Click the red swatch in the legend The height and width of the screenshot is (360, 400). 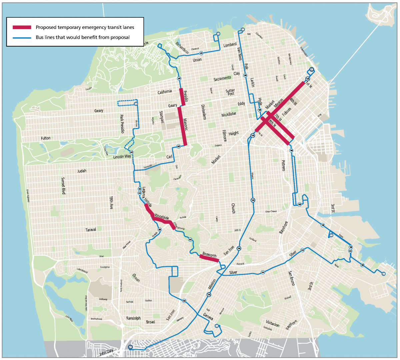coord(22,27)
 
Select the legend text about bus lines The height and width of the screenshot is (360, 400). coord(83,37)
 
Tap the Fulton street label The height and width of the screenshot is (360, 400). coord(46,138)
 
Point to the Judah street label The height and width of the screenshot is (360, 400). coord(82,171)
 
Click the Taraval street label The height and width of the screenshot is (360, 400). coord(91,230)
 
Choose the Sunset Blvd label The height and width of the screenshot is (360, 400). coord(63,186)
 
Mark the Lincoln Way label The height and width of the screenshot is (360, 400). coord(122,157)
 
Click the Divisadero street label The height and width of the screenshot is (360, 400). coord(203,112)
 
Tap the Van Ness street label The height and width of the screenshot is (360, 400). coord(239,53)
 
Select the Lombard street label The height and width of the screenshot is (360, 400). coord(230,45)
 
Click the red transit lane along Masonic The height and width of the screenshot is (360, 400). coord(182,126)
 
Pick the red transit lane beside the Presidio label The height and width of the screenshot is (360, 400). coord(182,97)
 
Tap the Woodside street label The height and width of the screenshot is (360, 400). coord(162,217)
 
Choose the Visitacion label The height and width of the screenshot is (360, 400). coord(273,324)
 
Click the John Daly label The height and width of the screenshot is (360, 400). coord(106,352)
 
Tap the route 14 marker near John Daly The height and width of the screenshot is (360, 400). coord(130,347)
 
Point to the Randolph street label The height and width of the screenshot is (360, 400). coord(133,318)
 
